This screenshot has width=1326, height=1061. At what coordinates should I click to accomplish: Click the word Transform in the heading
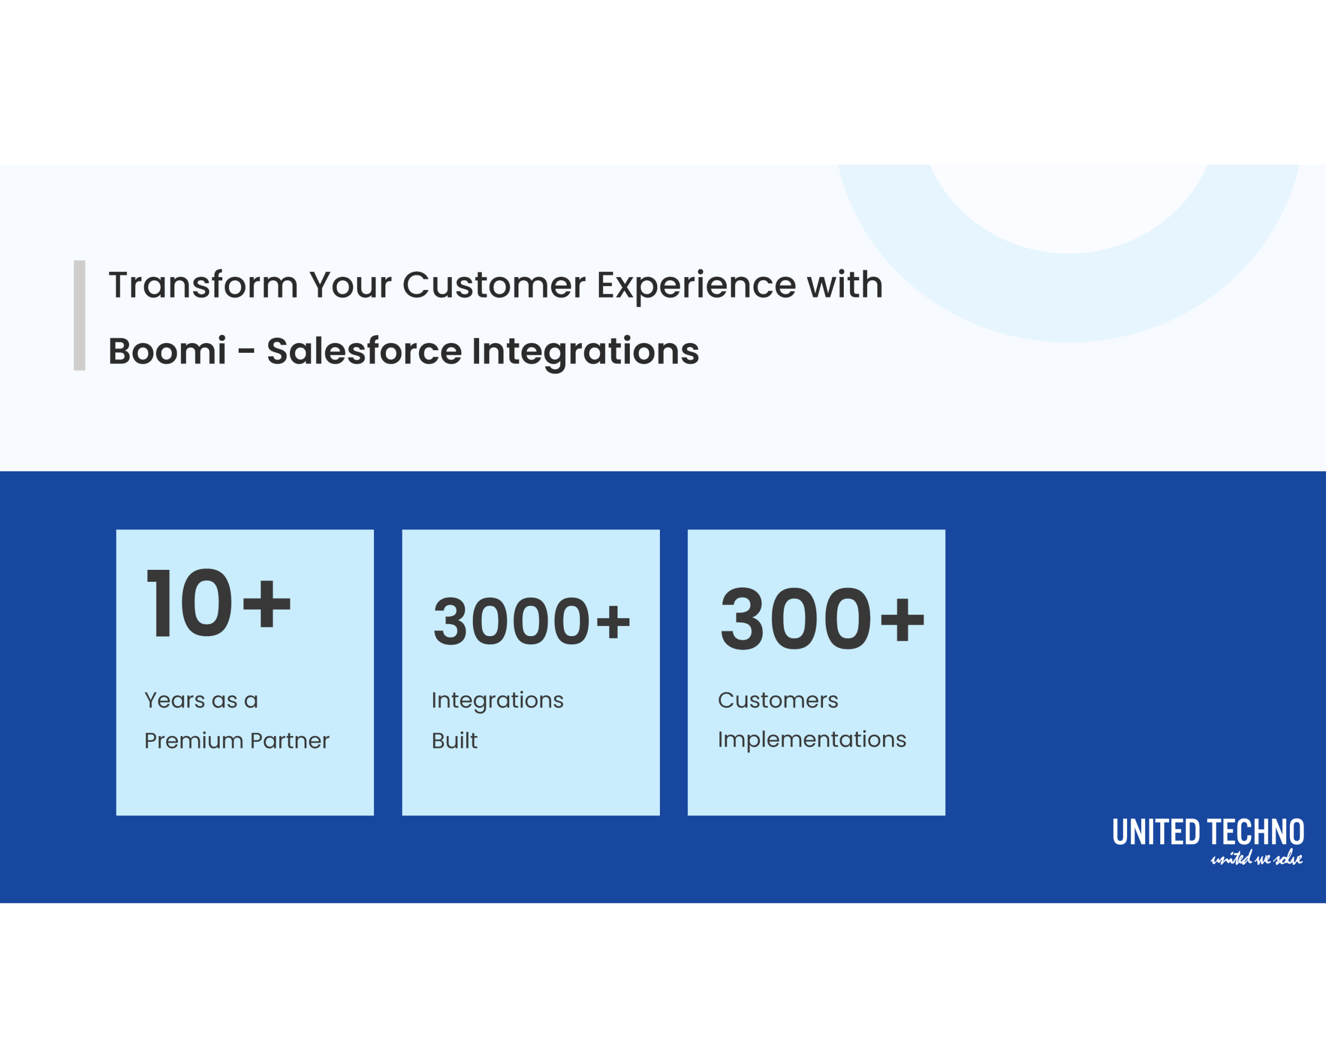point(203,285)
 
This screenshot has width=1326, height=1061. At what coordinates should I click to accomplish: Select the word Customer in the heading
point(493,285)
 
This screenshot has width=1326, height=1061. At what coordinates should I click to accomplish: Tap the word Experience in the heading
point(696,286)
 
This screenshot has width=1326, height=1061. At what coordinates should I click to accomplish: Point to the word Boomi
point(167,351)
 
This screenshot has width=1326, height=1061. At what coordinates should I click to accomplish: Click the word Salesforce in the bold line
point(364,351)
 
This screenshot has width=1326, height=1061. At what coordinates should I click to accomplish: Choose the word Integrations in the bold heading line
point(585,352)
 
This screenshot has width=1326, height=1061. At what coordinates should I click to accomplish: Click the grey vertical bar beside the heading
point(79,315)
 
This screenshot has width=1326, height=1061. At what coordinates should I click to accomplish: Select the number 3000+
point(531,621)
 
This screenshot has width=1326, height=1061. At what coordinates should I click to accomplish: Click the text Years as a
point(201,700)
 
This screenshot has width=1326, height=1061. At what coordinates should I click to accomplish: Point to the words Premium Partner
point(236,740)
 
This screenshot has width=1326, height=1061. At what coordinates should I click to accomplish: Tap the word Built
point(454,740)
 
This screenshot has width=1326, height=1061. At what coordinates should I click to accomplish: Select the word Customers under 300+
point(777,700)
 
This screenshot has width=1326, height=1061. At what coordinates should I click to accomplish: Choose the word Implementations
point(811,739)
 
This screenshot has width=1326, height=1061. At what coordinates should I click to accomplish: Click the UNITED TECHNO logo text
point(1208,832)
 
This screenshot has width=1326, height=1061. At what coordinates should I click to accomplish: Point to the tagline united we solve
point(1256,858)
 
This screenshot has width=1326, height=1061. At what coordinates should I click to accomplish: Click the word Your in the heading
point(350,285)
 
